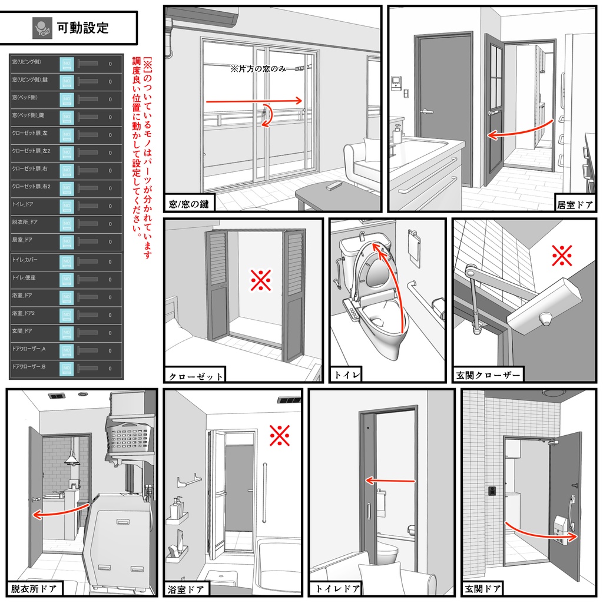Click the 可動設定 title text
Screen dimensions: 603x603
tap(83, 27)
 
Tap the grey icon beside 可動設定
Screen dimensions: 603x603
tap(42, 27)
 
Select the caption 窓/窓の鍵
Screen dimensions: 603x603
tap(188, 204)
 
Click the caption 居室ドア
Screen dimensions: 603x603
tap(575, 205)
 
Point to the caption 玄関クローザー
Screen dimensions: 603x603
tap(488, 375)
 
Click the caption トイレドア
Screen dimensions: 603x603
tap(337, 588)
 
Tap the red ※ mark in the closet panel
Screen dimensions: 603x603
tap(260, 281)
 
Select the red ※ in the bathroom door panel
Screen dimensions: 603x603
tap(279, 435)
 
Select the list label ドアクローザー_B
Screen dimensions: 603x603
tap(32, 367)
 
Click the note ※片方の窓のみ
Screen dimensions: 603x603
tap(259, 69)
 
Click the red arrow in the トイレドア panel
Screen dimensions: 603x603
tap(390, 481)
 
